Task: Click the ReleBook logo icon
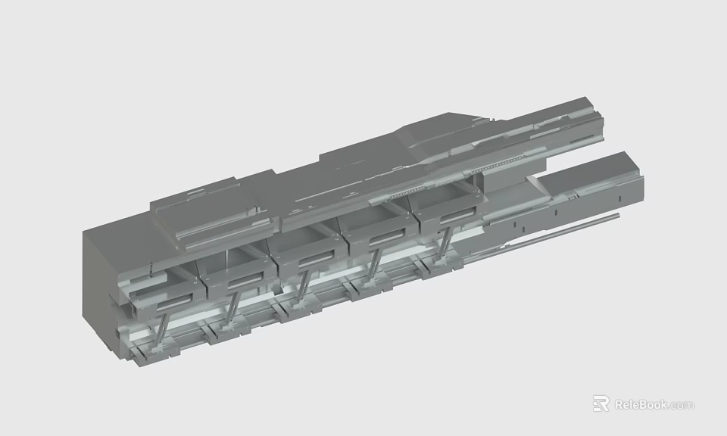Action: point(601,403)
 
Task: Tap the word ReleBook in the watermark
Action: point(641,404)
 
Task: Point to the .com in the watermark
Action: point(682,405)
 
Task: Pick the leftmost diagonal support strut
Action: point(161,329)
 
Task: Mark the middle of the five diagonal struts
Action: point(303,286)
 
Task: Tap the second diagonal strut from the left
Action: point(233,307)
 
